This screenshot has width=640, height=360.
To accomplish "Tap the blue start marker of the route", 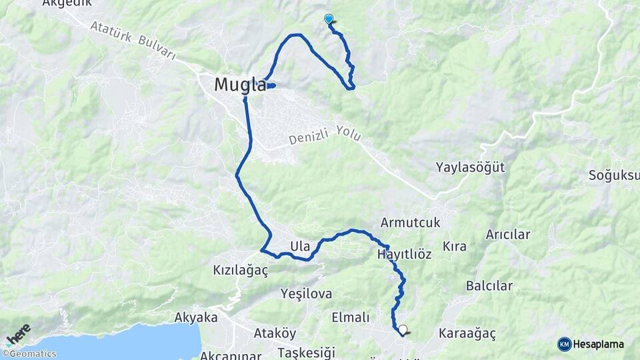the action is pos(328,19).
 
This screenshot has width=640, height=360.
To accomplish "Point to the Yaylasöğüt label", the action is pos(471,167).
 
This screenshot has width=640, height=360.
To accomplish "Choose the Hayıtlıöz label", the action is pos(404,255).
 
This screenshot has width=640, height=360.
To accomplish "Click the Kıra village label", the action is pos(455,246).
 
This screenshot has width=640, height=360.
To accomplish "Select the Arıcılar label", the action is pos(507,234).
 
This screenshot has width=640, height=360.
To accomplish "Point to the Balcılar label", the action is pos(489,286).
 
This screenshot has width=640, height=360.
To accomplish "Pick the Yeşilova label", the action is pos(306,293).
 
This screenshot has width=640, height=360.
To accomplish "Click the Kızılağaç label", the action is pos(240,270).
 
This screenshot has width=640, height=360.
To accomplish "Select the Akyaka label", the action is pos(196,317).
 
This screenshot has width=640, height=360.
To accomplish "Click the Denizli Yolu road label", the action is pos(326,137).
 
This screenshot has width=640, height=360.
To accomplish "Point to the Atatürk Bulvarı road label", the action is pos(131,41).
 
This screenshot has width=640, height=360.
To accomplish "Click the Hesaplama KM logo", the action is pos(591,344).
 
